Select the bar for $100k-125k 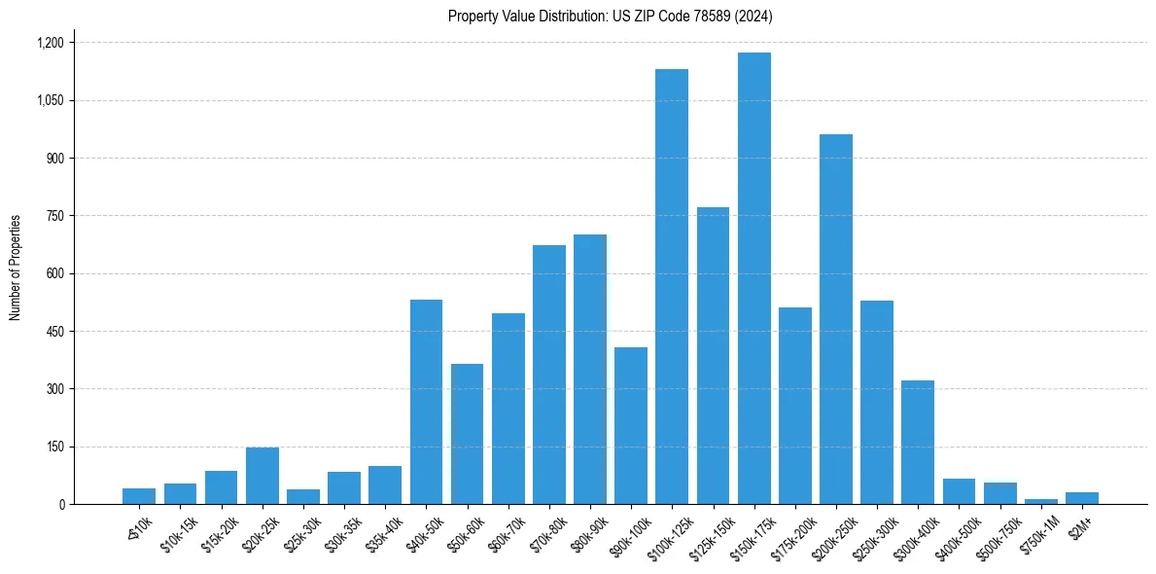click(672, 287)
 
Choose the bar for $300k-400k click(918, 442)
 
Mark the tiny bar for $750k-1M click(1041, 501)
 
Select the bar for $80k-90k click(590, 370)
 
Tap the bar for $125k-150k click(713, 356)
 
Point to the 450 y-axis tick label click(54, 332)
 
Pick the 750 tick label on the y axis click(54, 216)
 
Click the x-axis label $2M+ click(1079, 526)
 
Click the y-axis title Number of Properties click(16, 268)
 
